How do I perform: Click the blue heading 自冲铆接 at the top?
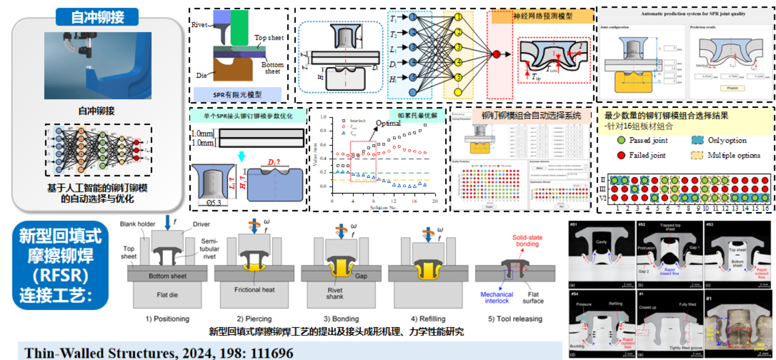97,17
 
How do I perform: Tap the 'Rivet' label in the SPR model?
199,25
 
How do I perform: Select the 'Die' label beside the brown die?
201,75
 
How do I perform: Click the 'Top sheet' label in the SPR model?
269,38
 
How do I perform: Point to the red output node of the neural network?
496,54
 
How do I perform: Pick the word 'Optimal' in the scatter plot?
388,123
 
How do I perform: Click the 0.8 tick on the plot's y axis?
323,131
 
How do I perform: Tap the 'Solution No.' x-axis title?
384,207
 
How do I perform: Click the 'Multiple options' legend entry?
733,155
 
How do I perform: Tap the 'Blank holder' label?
137,224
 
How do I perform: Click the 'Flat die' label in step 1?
167,295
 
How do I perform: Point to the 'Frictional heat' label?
254,290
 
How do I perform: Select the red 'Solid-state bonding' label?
527,241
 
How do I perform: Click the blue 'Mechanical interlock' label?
497,298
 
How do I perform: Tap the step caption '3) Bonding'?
341,319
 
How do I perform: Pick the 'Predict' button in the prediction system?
732,88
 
